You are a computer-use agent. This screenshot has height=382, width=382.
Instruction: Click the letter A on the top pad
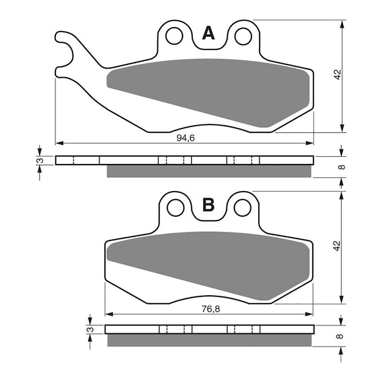coord(208,34)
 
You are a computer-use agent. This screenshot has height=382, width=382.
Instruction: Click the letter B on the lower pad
coord(208,205)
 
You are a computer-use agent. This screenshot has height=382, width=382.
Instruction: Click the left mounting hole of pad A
coord(175,36)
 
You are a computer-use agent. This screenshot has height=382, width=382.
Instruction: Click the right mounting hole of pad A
coord(242,36)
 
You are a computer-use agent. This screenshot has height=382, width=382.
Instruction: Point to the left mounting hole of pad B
coord(175,207)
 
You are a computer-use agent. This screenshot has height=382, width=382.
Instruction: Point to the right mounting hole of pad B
coord(242,207)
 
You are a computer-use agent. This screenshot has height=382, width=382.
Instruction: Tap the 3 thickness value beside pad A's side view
coord(40,160)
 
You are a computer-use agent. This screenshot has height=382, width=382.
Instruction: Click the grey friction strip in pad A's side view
coord(208,171)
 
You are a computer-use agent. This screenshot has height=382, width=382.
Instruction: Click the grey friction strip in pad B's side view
coord(208,340)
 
